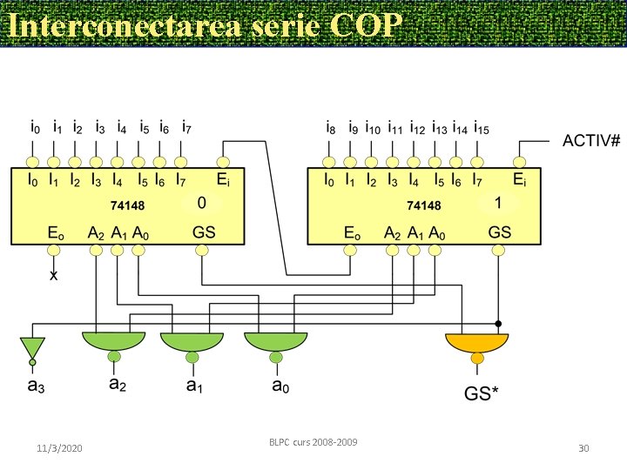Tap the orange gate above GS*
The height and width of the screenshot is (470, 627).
[x=475, y=346]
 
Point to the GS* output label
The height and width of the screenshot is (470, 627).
[x=481, y=393]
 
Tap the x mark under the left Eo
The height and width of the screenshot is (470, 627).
[x=54, y=275]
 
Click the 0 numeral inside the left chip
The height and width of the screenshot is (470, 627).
[x=201, y=204]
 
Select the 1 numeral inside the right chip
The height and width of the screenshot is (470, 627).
[x=498, y=203]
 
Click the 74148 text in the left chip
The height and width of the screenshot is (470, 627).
[x=127, y=207]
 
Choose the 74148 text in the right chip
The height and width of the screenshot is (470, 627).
[x=424, y=206]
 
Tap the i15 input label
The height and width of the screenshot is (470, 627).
[x=481, y=129]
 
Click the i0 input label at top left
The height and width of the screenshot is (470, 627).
[x=35, y=127]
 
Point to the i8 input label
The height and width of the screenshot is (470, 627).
[x=330, y=129]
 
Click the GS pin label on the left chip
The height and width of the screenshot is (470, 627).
[x=204, y=232]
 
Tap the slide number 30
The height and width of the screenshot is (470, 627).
[x=584, y=448]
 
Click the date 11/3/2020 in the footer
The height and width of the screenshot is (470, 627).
[x=60, y=448]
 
